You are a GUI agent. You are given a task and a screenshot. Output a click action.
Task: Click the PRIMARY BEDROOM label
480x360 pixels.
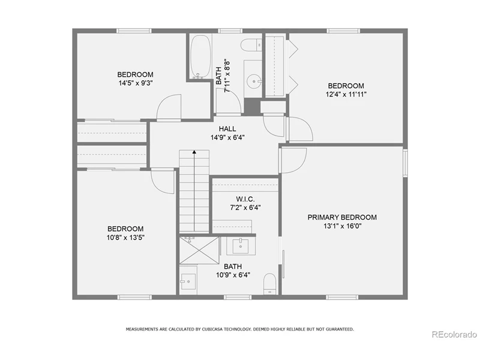click(x=342, y=217)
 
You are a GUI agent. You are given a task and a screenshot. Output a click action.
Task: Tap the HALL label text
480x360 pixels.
click(x=227, y=129)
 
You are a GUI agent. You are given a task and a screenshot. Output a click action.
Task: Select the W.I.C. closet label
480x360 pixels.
click(x=245, y=199)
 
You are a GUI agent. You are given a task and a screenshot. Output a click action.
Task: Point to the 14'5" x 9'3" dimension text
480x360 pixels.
click(x=136, y=83)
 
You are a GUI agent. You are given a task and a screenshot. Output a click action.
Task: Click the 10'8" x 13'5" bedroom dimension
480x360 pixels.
click(x=125, y=238)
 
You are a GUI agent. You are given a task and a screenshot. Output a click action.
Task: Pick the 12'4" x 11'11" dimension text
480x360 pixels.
click(x=346, y=94)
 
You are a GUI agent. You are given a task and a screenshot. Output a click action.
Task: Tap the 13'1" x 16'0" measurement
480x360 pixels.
click(x=343, y=226)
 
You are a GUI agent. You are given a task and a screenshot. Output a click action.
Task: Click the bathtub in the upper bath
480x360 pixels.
click(x=201, y=57)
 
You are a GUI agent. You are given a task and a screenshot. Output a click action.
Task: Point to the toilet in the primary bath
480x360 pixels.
click(x=269, y=284)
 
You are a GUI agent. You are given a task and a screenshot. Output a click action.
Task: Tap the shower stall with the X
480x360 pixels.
click(x=199, y=250)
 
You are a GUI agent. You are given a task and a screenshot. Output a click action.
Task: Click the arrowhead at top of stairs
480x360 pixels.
click(x=194, y=152)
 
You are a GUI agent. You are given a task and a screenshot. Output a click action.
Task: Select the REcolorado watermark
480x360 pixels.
click(x=454, y=335)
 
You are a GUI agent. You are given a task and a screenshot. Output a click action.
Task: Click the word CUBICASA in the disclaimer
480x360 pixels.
click(x=212, y=329)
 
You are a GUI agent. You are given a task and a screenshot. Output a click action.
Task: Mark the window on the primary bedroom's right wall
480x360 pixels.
click(x=405, y=163)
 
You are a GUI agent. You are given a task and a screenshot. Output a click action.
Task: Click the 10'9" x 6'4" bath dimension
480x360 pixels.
click(x=233, y=275)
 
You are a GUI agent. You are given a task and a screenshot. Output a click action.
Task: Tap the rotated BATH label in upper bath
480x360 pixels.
click(x=218, y=76)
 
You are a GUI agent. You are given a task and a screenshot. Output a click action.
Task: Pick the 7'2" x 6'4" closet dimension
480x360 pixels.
click(x=245, y=208)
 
